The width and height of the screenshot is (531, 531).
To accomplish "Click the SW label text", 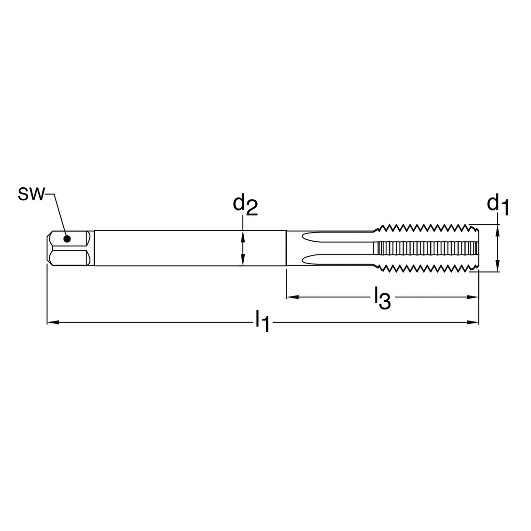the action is pos(31,195).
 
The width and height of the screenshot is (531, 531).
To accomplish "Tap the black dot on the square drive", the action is pos(67,239).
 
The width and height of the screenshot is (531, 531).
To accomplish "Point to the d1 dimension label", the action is pos(498,206).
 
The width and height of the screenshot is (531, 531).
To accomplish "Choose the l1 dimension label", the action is pos(263,321).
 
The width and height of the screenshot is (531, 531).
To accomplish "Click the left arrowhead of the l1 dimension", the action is pos(53,322).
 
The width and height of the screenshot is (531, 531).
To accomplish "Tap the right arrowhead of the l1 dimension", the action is pos(473,322).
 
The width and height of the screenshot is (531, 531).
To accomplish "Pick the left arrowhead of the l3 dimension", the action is pos(293,297).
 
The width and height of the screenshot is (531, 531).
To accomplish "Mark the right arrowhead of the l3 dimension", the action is pos(473,297).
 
